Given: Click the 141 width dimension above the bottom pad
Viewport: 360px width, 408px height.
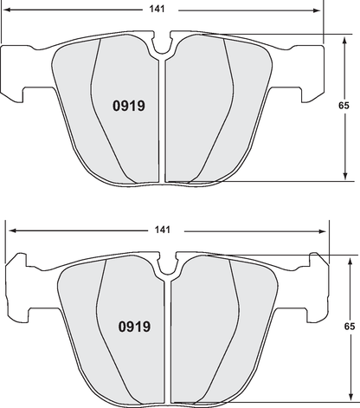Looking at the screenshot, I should (163, 230).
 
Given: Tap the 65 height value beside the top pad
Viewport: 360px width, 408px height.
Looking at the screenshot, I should (344, 105).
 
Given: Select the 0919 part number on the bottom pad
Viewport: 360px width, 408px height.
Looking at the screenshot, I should (134, 327).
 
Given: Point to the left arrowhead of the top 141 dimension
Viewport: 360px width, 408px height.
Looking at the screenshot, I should (7, 11).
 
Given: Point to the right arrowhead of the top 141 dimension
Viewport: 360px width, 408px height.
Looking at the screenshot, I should (318, 11).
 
